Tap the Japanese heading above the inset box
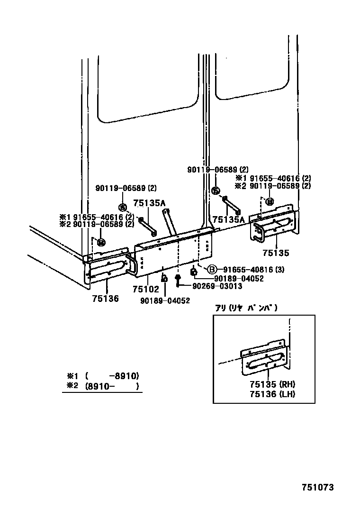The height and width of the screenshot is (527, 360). tap(246, 308)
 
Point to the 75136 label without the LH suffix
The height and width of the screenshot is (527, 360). tap(106, 298)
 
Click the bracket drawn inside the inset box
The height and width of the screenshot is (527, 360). tap(265, 358)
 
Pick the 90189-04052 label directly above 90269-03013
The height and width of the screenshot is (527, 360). tap(239, 278)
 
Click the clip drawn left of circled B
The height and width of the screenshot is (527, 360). tap(194, 272)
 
